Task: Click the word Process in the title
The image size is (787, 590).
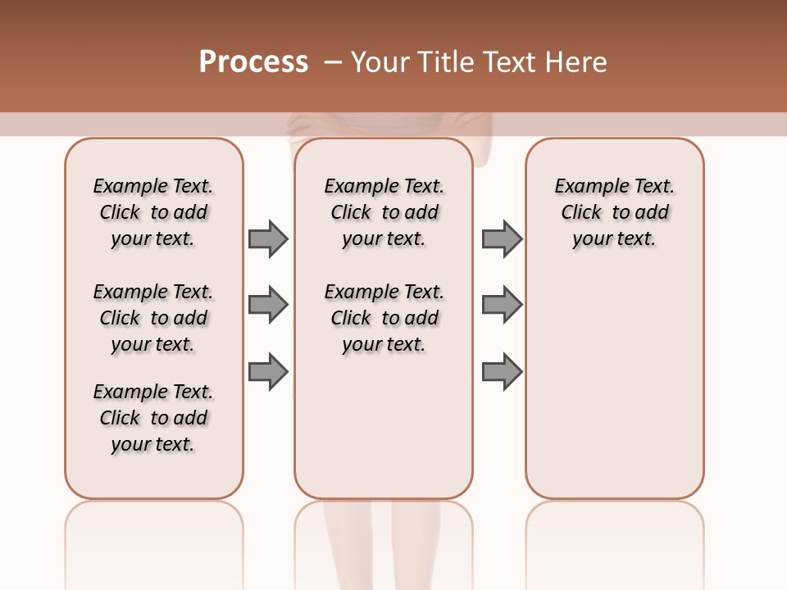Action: (x=253, y=62)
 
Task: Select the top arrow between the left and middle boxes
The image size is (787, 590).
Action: (x=268, y=239)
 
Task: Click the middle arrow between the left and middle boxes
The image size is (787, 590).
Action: (x=268, y=306)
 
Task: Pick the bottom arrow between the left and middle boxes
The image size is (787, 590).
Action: (x=268, y=372)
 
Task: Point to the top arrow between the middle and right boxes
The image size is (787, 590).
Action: (x=502, y=239)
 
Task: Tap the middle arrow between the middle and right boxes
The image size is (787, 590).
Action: (x=502, y=306)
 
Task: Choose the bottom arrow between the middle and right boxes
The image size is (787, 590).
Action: (x=502, y=372)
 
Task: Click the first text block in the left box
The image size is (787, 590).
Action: (x=153, y=212)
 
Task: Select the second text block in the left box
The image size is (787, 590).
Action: (x=153, y=318)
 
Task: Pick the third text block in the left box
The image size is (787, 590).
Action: (x=153, y=418)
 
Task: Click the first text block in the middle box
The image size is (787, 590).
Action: (x=384, y=212)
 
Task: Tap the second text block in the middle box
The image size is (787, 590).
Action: (x=384, y=318)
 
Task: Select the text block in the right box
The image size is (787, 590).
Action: (x=615, y=212)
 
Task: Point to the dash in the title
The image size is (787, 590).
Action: (x=333, y=62)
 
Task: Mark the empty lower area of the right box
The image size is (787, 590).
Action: (x=615, y=393)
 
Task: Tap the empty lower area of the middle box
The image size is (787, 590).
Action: (x=384, y=434)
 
